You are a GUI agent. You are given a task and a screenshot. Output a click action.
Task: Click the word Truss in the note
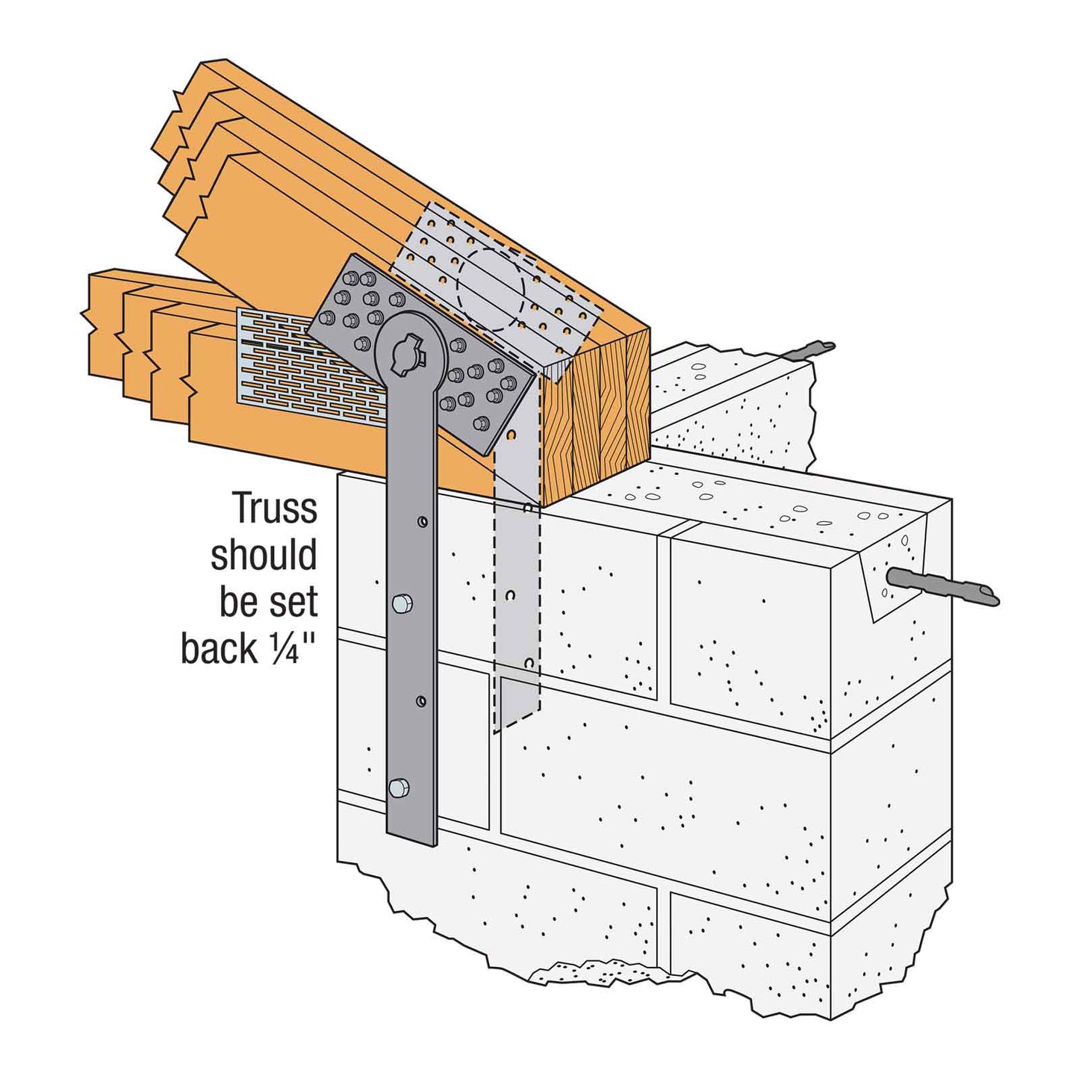(275, 509)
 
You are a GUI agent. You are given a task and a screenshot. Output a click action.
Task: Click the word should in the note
(264, 556)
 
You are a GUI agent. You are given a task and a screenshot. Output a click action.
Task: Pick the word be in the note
(239, 602)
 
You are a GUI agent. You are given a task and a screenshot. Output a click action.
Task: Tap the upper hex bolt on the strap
(402, 603)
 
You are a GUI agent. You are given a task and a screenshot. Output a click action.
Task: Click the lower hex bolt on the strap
(399, 787)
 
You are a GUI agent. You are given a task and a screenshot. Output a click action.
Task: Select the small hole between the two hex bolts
(422, 701)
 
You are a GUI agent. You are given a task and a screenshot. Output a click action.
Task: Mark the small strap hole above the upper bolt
(423, 520)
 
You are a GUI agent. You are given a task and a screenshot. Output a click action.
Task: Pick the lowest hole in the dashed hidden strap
(529, 663)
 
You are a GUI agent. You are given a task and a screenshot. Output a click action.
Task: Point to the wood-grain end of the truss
(597, 418)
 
